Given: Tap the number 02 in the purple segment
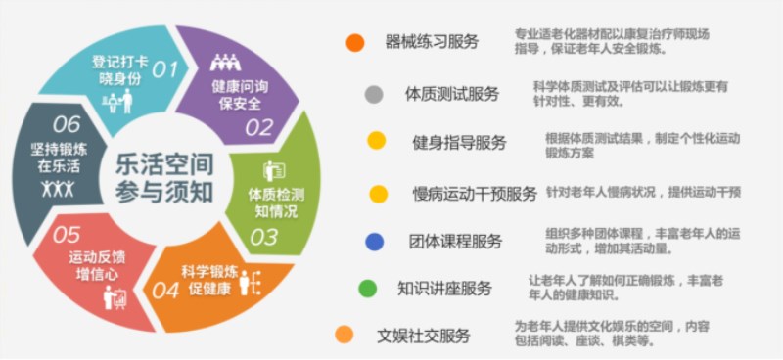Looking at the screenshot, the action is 259,127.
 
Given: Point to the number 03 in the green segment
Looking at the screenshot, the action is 264,237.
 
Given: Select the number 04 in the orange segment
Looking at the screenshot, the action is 165,290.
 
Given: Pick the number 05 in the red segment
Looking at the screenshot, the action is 67,235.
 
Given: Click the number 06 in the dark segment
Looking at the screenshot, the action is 67,124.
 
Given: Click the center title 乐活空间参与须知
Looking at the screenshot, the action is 164,176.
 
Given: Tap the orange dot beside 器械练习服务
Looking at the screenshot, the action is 355,42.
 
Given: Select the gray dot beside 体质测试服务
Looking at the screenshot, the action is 373,95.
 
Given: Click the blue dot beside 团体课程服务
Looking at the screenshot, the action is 373,241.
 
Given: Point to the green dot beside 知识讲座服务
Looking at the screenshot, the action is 367,289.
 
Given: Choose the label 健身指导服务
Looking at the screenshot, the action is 459,143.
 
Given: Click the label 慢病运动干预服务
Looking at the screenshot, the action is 475,194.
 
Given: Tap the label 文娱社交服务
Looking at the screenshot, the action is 424,336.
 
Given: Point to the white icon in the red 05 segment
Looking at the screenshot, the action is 115,296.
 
